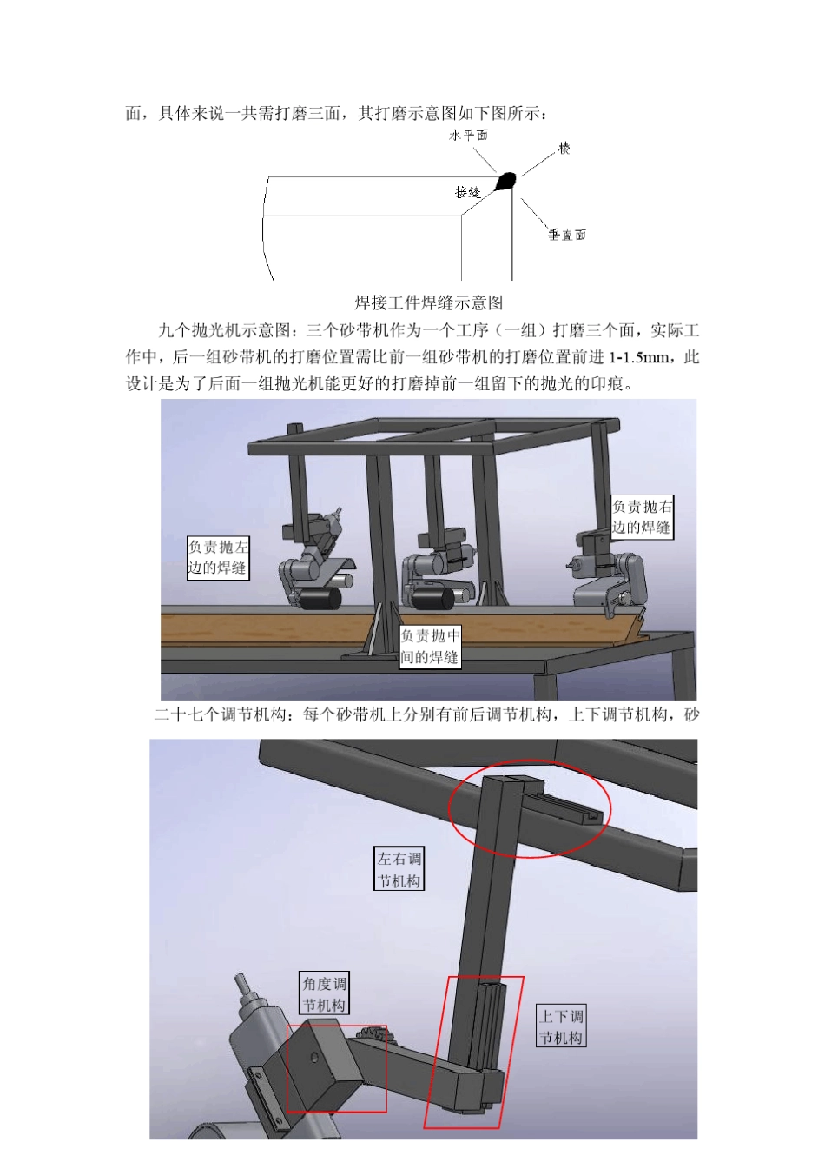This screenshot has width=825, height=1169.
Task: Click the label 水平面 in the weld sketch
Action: pyautogui.click(x=468, y=135)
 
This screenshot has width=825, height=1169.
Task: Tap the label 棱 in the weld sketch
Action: pyautogui.click(x=564, y=149)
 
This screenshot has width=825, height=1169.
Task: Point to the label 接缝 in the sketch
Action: pyautogui.click(x=467, y=191)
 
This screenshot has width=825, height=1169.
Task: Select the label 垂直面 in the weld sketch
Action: pyautogui.click(x=567, y=235)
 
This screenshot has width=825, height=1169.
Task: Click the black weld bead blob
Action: pyautogui.click(x=505, y=181)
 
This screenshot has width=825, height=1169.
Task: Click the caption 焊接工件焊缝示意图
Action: pyautogui.click(x=429, y=302)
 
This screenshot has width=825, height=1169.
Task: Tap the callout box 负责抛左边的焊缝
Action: pyautogui.click(x=218, y=557)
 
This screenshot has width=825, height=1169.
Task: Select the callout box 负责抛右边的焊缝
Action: pyautogui.click(x=642, y=516)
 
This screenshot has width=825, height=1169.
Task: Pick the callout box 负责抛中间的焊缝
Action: pyautogui.click(x=429, y=647)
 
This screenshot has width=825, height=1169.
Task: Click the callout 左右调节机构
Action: pyautogui.click(x=399, y=869)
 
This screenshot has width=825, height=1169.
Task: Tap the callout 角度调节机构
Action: pyautogui.click(x=324, y=994)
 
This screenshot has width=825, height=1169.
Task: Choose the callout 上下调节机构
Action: pyautogui.click(x=561, y=1026)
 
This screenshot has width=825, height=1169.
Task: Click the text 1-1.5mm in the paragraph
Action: pyautogui.click(x=639, y=357)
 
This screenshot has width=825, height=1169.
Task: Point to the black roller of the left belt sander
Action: pyautogui.click(x=319, y=599)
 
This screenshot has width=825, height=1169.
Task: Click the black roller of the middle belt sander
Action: pyautogui.click(x=434, y=598)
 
